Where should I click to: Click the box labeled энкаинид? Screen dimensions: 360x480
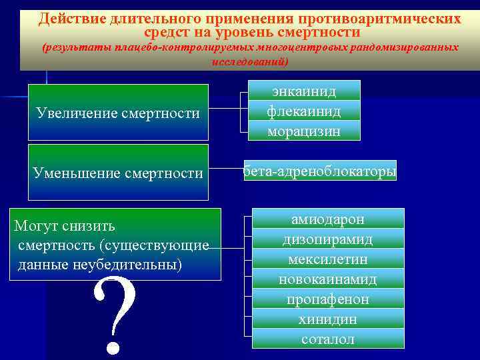tap(304, 91)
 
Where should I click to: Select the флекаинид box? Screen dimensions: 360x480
tap(304, 111)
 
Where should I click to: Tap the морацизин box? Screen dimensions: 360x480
tap(304, 131)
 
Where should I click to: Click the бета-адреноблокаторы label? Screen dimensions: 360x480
tap(319, 172)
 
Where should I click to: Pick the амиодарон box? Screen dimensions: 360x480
tap(328, 219)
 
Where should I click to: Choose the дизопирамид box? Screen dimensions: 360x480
tap(328, 239)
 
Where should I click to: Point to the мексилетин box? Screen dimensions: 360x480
tap(328, 259)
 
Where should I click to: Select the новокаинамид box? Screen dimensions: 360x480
tap(328, 279)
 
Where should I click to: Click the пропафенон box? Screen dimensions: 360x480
tap(328, 299)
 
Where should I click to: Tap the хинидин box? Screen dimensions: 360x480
tap(328, 319)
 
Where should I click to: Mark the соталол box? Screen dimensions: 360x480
tap(328, 339)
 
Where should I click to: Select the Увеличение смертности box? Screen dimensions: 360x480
tap(118, 113)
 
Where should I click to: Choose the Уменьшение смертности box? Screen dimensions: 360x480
tap(118, 173)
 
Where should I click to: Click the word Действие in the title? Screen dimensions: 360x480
tap(69, 19)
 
